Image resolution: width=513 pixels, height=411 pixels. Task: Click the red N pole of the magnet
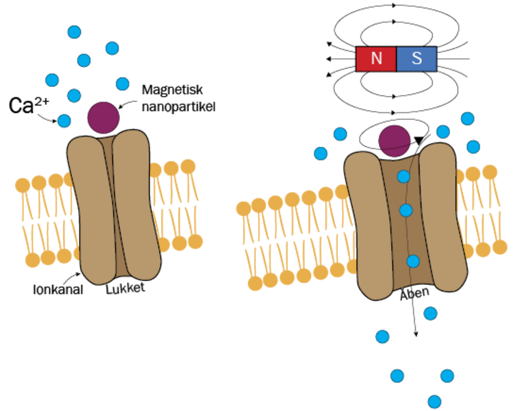(x=376, y=59)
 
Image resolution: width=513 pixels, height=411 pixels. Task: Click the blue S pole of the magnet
(x=416, y=59)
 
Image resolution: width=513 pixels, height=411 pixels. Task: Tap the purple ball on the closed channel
(x=103, y=118)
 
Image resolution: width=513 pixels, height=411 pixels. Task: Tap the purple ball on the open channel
(x=395, y=141)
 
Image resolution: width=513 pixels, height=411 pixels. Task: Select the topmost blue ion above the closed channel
(x=74, y=32)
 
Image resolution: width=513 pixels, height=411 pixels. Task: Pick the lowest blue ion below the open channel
(x=434, y=401)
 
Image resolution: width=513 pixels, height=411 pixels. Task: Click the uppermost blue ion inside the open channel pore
(x=403, y=177)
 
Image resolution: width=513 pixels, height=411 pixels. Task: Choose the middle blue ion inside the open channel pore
(x=406, y=210)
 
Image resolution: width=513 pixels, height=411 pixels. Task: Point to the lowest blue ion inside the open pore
(x=413, y=261)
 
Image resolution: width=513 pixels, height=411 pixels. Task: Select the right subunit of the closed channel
(x=137, y=206)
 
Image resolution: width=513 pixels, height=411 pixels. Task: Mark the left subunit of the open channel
(x=370, y=226)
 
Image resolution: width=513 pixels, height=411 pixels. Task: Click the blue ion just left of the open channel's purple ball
(x=340, y=134)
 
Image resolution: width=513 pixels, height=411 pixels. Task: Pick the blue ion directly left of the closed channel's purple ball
(x=64, y=121)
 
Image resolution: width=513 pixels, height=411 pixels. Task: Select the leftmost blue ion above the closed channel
(x=52, y=80)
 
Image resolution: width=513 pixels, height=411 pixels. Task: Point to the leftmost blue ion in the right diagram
(x=321, y=153)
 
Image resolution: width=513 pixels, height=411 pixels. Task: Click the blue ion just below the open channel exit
(x=430, y=313)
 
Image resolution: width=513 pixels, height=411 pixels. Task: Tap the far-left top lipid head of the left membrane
(x=23, y=185)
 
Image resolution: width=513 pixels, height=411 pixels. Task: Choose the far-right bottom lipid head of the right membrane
(x=500, y=247)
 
